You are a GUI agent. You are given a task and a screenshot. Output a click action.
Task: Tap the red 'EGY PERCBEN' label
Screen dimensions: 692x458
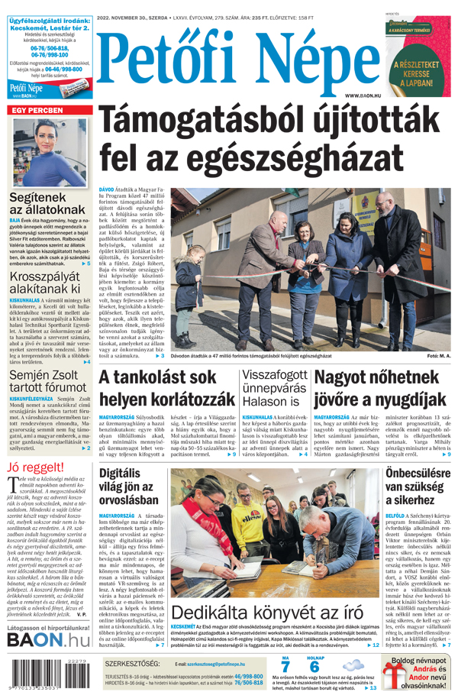coord(37,111)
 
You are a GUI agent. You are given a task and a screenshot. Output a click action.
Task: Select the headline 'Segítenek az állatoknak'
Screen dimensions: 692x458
coord(47,202)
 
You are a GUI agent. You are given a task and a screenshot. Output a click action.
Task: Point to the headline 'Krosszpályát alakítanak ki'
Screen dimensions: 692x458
coord(46,282)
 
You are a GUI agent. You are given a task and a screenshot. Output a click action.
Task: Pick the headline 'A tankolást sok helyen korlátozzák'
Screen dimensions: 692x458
coord(166,388)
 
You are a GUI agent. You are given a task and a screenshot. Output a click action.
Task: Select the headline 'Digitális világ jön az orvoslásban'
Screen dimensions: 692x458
coord(130,487)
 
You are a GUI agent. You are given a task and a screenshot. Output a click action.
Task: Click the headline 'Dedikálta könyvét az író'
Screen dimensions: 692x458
coord(267,613)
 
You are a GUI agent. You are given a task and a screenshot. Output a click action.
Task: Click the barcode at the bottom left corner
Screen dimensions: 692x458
coord(50,677)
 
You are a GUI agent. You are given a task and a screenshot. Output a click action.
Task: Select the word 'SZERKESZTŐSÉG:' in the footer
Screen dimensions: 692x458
coord(133,664)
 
